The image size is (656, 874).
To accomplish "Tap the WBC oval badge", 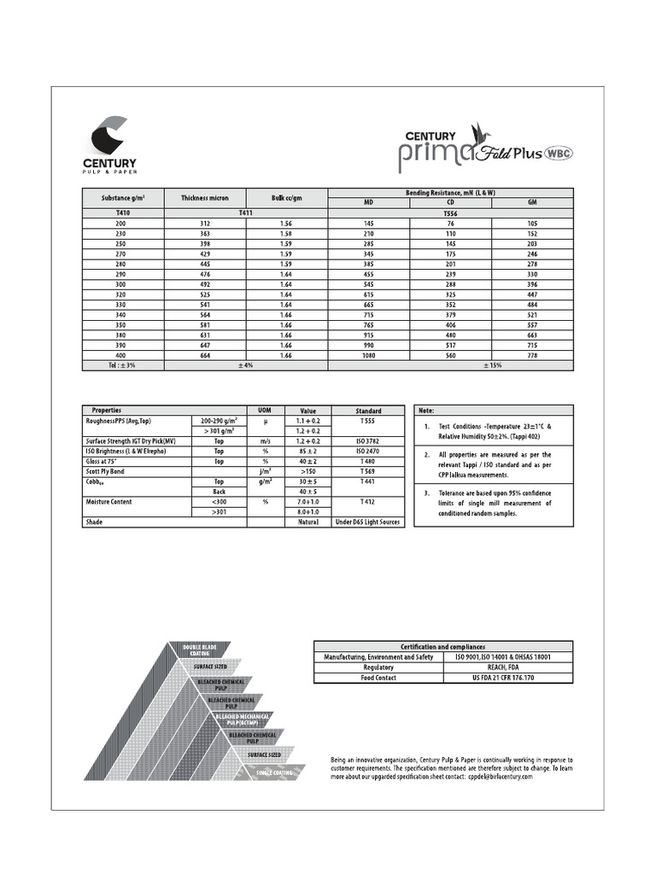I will pyautogui.click(x=559, y=154).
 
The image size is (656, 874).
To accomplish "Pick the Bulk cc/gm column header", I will pyautogui.click(x=287, y=198).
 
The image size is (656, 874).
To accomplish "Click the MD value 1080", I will pyautogui.click(x=369, y=354).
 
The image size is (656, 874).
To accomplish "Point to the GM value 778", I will pyautogui.click(x=532, y=354).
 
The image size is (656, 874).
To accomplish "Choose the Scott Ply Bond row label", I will pyautogui.click(x=105, y=471).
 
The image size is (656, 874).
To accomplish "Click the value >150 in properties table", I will pyautogui.click(x=307, y=471).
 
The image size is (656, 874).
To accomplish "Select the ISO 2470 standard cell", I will pyautogui.click(x=366, y=451).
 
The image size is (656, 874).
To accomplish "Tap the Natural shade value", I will pyautogui.click(x=307, y=522).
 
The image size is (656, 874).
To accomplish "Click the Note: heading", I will pyautogui.click(x=426, y=411).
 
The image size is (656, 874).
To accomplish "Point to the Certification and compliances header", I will pyautogui.click(x=443, y=646).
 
